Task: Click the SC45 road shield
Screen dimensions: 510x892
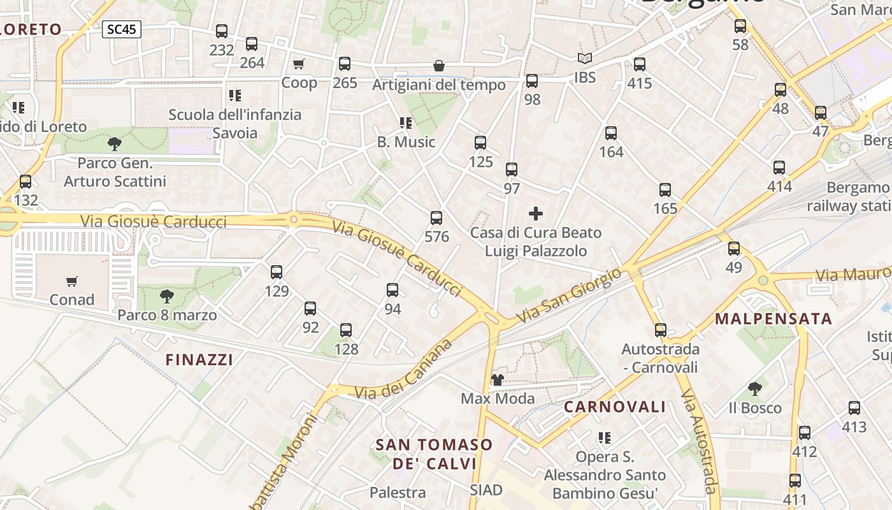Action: pos(121,29)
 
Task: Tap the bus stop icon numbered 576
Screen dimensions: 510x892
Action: pos(436,218)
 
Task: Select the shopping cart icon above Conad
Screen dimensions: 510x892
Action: pos(72,281)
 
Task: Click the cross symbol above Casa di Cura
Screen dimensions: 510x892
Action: pos(536,214)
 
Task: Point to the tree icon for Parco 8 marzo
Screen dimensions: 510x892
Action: pos(166,296)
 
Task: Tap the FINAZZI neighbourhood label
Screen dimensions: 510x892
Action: pos(199,360)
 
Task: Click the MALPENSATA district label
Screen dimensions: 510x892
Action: pos(773,319)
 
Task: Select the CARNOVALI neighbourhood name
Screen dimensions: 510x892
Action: pos(615,407)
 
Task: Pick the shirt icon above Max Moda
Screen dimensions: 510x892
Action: pos(498,380)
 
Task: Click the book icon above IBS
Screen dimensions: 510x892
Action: pos(585,59)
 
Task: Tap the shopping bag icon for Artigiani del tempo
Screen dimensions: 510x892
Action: pos(439,66)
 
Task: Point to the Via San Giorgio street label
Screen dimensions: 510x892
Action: pos(568,295)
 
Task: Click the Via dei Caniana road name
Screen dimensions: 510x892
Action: pos(404,370)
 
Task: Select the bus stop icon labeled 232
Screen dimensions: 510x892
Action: pos(222,31)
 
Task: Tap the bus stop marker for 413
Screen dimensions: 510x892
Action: pos(854,408)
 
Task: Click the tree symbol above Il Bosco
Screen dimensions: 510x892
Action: pos(755,388)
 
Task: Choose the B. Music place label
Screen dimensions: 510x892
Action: pos(406,142)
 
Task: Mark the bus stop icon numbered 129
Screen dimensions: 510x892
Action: pos(277,272)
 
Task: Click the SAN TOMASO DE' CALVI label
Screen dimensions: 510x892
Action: pos(435,453)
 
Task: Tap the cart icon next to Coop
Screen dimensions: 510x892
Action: pos(298,64)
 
